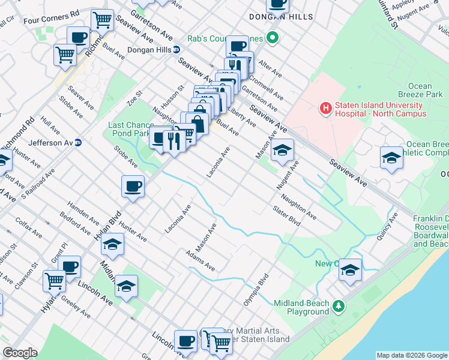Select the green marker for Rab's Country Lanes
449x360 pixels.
click(x=274, y=40)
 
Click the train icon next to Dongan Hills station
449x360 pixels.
click(x=176, y=50)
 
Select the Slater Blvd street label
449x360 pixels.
click(x=286, y=216)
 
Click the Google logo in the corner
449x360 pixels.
click(x=19, y=353)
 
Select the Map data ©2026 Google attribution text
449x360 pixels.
click(x=411, y=355)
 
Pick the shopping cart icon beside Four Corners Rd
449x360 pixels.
click(x=102, y=20)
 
